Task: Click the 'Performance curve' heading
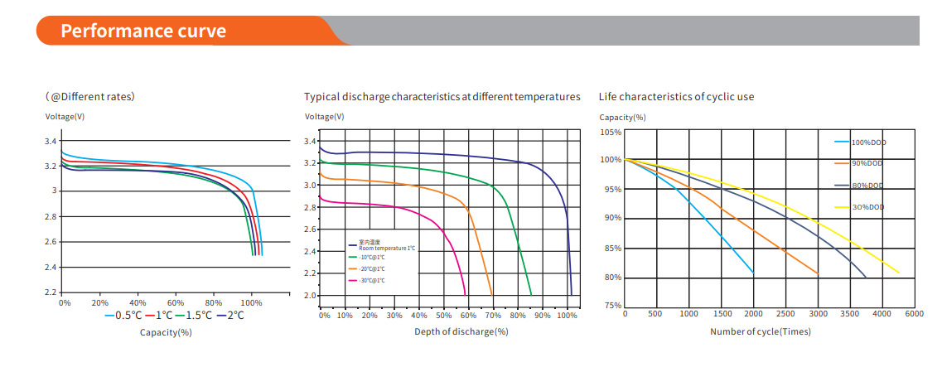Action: [x=143, y=31]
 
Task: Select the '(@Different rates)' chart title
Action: [x=90, y=97]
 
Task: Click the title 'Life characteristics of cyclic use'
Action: [x=676, y=97]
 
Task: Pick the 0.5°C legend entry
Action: [x=123, y=315]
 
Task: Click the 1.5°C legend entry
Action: [x=196, y=315]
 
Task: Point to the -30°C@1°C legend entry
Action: [x=370, y=281]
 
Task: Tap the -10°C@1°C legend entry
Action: [x=370, y=258]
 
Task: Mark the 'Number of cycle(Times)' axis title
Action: [x=760, y=332]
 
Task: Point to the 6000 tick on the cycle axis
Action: [x=915, y=314]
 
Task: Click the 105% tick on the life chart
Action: [x=610, y=133]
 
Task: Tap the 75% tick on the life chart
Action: [x=611, y=306]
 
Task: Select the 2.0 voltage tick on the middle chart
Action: [x=311, y=296]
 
